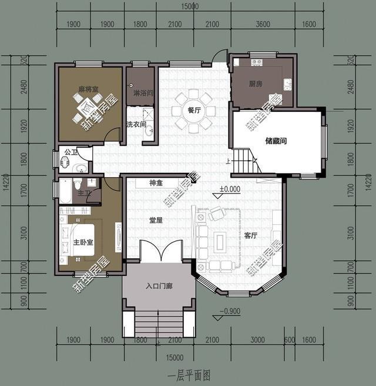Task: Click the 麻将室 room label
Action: tap(88, 89)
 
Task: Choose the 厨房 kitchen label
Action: tap(256, 84)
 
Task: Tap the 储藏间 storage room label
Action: tap(276, 141)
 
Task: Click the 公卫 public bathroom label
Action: tap(70, 152)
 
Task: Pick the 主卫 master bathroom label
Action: tap(83, 193)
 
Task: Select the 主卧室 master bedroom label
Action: tap(83, 243)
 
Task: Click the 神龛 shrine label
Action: tap(156, 182)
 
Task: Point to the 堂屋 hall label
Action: tap(155, 220)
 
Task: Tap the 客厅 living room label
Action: tap(251, 235)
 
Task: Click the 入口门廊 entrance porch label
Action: tap(158, 287)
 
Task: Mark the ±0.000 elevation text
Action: tap(230, 189)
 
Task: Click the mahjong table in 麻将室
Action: tap(87, 106)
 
